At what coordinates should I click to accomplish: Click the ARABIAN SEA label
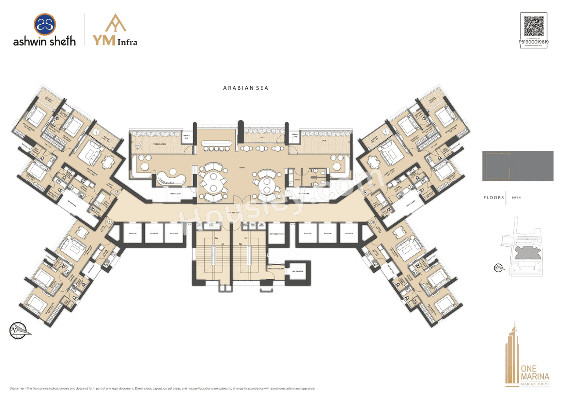point(245,88)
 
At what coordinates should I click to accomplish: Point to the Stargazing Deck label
point(156,144)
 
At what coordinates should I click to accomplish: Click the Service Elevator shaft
point(278,234)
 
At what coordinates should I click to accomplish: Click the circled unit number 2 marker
point(117,192)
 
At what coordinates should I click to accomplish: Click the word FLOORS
point(493,198)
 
